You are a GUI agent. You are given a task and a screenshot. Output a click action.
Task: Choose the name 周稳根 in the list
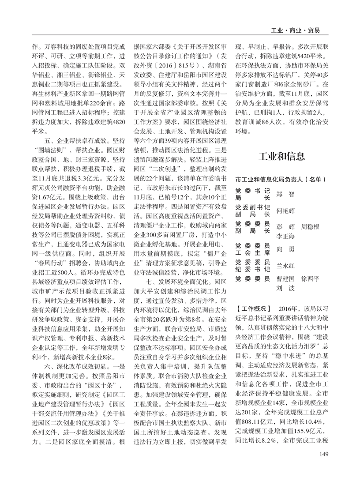point(310,227)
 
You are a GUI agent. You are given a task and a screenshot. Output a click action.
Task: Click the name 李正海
point(285,236)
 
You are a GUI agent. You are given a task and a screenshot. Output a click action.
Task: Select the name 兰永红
point(285,266)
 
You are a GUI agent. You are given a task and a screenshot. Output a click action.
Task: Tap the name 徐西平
point(310,279)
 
